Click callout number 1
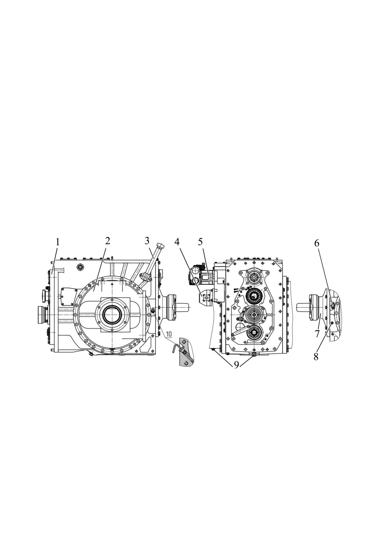pos(57,242)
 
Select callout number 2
pos(107,241)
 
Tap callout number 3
pos(147,241)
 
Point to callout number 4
pos(177,241)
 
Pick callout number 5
pos(200,241)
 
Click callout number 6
pos(317,243)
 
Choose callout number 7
pos(317,334)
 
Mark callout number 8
pos(316,357)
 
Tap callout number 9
pos(237,365)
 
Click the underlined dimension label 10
pos(169,334)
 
